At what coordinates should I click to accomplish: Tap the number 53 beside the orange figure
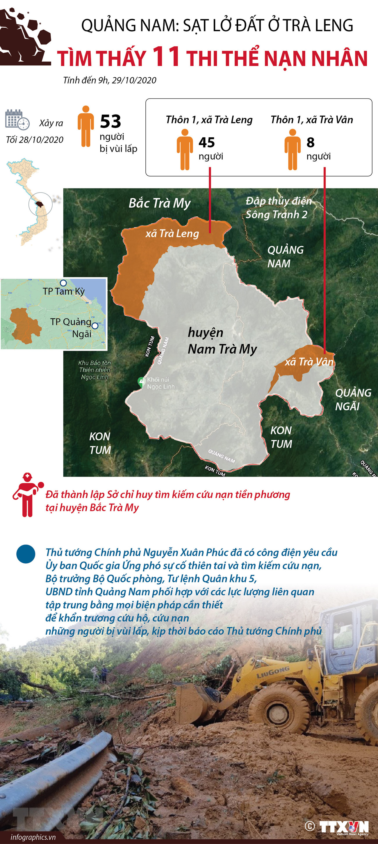[x=110, y=121]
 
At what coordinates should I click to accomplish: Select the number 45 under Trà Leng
[x=207, y=143]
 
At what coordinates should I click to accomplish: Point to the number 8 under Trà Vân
[x=310, y=143]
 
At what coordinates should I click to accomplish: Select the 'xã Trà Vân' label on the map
[x=309, y=362]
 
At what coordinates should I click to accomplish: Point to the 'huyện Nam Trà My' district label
[x=222, y=341]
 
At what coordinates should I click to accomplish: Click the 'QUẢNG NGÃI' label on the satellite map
[x=352, y=399]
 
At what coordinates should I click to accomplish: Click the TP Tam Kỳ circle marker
[x=63, y=283]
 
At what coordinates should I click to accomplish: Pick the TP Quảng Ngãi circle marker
[x=95, y=326]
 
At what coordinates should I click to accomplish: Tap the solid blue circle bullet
[x=26, y=554]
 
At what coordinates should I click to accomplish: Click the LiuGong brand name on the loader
[x=273, y=672]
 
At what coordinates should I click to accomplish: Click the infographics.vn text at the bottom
[x=33, y=837]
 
